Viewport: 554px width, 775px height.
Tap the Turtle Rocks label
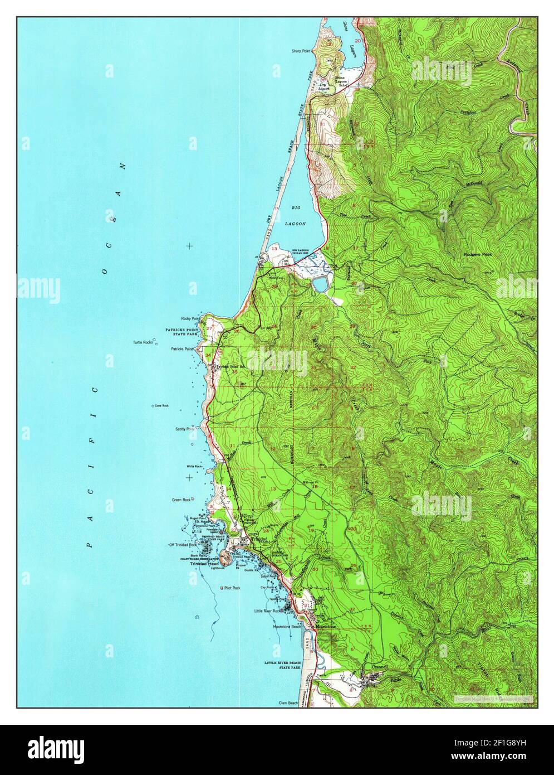click(143, 342)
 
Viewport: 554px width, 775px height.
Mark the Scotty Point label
click(185, 430)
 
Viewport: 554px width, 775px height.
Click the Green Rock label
click(182, 500)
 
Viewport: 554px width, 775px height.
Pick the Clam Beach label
click(290, 704)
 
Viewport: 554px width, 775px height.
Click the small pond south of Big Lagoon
click(320, 285)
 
